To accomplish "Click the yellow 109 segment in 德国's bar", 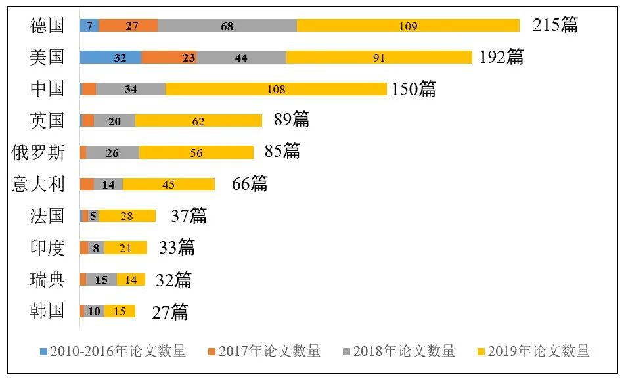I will coord(408,26).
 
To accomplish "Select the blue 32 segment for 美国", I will coord(110,57).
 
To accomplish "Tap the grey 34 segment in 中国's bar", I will coord(131,89).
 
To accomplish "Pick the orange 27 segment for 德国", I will coord(128,26).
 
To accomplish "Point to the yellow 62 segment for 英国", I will coord(198,121).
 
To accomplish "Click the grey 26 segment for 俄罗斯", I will coord(112,152).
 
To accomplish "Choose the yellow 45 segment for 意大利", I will coord(169,185).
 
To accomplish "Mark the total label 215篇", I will coord(555,26).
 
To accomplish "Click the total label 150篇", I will coord(413,89).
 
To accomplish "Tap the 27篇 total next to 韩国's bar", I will coord(169,312).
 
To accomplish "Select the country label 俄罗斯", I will coord(39,152).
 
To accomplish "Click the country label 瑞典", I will coord(47,280).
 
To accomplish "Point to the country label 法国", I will coord(47,216).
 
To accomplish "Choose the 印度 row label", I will coord(47,248).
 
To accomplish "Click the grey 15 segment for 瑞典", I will coord(101,280).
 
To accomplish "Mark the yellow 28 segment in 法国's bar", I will coord(127,216).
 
